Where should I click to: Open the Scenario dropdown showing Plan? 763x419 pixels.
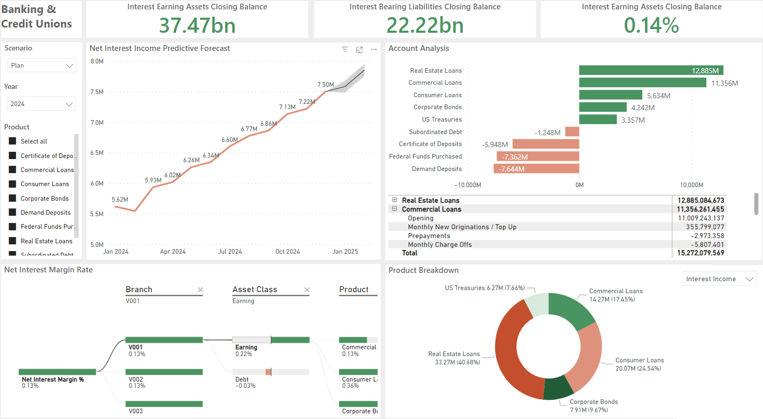pos(42,66)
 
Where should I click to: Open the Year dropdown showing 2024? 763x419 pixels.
pos(42,104)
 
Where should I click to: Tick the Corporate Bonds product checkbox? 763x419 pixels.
pos(12,199)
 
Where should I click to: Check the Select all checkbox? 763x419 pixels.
pos(12,141)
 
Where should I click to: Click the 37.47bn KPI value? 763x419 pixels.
pos(197,25)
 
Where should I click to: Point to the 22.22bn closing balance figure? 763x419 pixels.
pos(424,25)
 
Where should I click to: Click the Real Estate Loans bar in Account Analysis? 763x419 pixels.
pos(651,70)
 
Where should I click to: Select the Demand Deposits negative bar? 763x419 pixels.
pos(536,168)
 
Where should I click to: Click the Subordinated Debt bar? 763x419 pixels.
pos(572,132)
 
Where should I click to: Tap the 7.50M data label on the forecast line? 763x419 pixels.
pos(326,85)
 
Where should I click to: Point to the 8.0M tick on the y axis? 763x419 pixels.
pos(97,61)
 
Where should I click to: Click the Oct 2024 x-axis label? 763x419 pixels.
pos(288,252)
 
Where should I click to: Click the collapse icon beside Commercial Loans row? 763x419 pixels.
pos(395,209)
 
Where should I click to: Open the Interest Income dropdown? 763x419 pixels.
pos(720,279)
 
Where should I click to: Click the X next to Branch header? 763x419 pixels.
pos(200,290)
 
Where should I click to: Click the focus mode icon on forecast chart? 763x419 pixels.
pos(359,49)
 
